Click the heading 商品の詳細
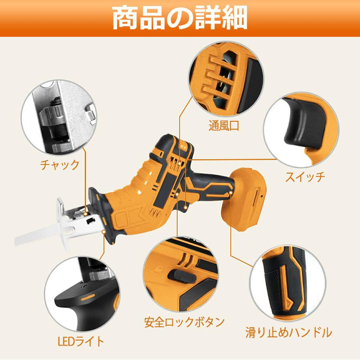[x=180, y=18]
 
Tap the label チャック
[x=60, y=165]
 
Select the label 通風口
[x=224, y=126]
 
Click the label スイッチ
[x=305, y=177]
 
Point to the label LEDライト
[x=81, y=341]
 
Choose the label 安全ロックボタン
[x=184, y=322]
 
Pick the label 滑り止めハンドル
[x=289, y=332]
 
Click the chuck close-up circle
[x=59, y=117]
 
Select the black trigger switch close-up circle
[x=301, y=130]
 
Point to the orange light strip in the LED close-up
[x=88, y=297]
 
